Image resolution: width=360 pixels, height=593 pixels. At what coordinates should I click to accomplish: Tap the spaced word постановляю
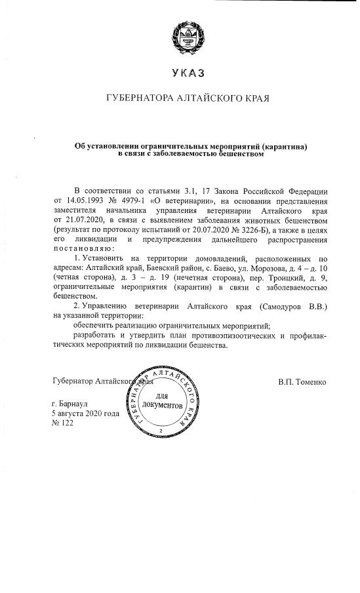click(x=85, y=250)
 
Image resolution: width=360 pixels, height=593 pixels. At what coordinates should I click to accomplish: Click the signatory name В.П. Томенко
click(x=301, y=381)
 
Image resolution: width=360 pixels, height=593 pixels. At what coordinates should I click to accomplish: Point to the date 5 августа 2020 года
click(x=85, y=414)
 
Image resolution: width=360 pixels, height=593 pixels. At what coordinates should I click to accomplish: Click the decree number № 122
click(x=64, y=424)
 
